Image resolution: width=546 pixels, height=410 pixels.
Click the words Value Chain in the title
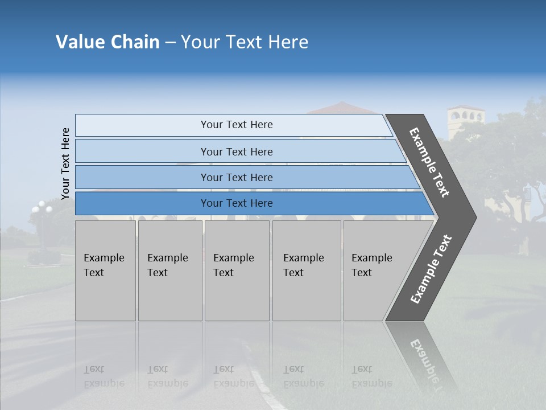(x=107, y=42)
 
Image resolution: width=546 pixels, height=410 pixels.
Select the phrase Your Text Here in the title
(x=245, y=42)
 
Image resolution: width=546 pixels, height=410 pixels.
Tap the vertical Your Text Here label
(x=66, y=163)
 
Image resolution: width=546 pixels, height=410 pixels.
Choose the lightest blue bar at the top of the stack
(x=236, y=125)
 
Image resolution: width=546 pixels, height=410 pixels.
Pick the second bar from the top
(x=236, y=151)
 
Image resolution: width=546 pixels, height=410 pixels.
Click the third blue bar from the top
(x=236, y=177)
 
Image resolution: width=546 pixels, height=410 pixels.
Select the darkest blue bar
(x=236, y=203)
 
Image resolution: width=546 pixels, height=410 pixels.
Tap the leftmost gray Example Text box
(x=105, y=270)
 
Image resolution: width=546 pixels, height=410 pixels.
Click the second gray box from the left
(x=169, y=270)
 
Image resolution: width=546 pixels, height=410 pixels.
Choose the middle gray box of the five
(x=237, y=270)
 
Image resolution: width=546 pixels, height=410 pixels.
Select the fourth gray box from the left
(x=306, y=270)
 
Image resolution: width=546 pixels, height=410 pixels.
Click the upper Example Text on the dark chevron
(x=429, y=162)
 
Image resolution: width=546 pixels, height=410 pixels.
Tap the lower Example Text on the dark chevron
(x=431, y=269)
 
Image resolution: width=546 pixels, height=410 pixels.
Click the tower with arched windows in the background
(x=465, y=120)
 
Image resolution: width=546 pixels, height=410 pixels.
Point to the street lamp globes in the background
(x=42, y=208)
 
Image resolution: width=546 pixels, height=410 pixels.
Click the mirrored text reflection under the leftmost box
(x=104, y=376)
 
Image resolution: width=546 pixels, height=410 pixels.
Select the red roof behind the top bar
(x=341, y=108)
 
